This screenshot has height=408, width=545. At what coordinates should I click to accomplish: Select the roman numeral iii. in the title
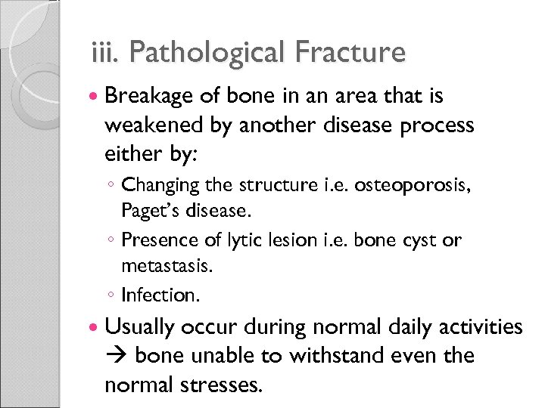(103, 53)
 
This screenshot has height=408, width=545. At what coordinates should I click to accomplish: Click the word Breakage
(151, 97)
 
